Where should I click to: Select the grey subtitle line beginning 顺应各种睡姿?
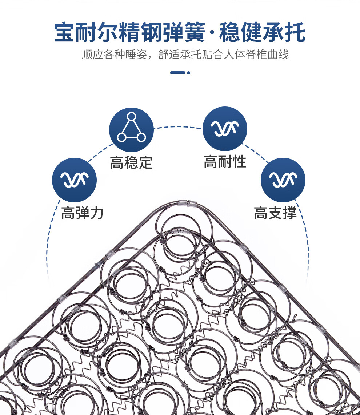[185, 55]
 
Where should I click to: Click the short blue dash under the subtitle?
[177, 73]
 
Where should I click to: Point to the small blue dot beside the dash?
[189, 73]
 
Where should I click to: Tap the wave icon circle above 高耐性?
[225, 129]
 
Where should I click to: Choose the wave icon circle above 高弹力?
[74, 180]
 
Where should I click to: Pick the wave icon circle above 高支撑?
[283, 180]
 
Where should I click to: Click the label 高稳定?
[131, 162]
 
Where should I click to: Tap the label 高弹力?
[82, 213]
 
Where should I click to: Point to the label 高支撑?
[275, 213]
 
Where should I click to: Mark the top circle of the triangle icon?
[131, 117]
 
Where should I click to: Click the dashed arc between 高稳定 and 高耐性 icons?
[178, 127]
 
